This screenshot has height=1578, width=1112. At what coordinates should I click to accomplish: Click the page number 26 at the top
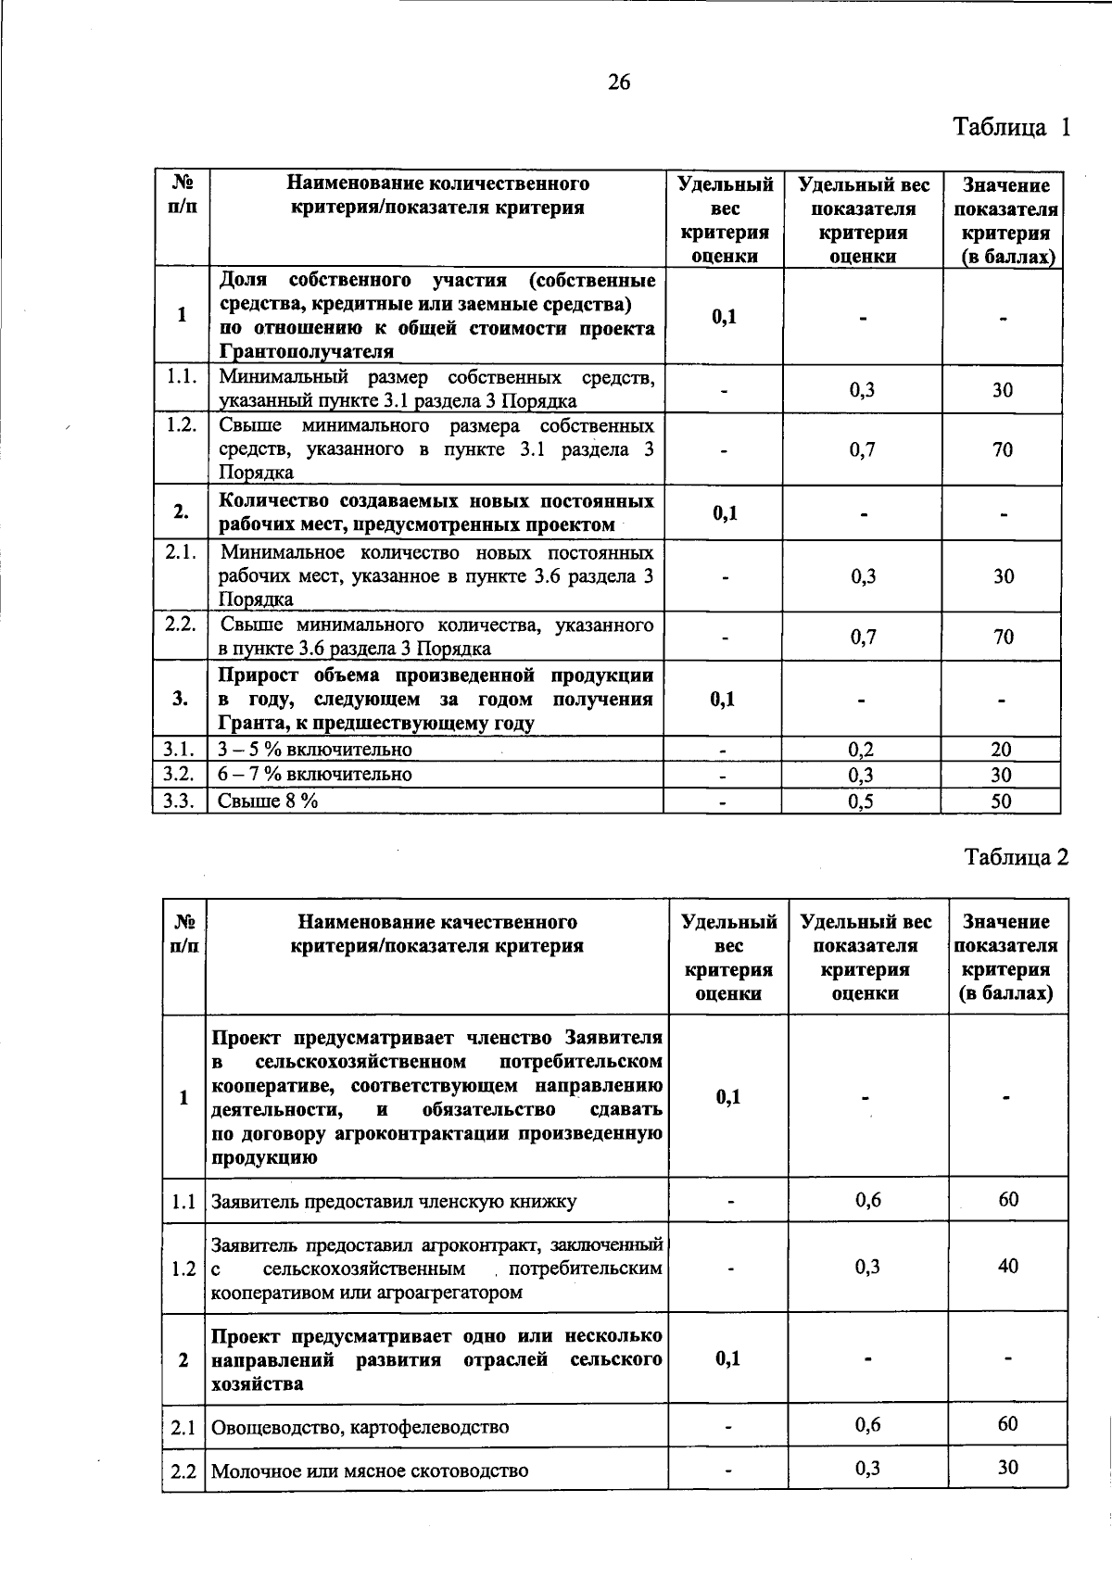click(619, 83)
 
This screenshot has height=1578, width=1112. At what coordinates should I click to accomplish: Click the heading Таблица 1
click(1012, 127)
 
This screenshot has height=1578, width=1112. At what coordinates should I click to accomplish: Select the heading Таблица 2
click(1017, 857)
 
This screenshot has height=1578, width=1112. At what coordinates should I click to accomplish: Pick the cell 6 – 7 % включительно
click(315, 775)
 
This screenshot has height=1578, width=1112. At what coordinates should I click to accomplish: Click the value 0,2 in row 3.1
click(862, 750)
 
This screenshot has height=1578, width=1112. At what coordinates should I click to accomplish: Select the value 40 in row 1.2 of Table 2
click(1008, 1266)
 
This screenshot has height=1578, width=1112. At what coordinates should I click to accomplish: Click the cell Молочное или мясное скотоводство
click(370, 1471)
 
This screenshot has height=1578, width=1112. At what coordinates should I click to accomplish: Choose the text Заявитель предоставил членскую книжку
click(394, 1202)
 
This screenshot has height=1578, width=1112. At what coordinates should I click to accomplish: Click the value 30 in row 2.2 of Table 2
click(1008, 1467)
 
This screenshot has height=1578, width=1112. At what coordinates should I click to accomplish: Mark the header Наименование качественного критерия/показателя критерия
click(436, 934)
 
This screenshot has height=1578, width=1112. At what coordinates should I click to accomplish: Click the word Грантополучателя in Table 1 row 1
click(307, 352)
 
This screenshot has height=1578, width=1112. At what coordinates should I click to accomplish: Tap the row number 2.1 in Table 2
click(183, 1427)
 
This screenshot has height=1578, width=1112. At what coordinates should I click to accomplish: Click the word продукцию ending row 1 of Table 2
click(264, 1158)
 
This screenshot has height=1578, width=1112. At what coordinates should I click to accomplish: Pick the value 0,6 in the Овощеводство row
click(868, 1424)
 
